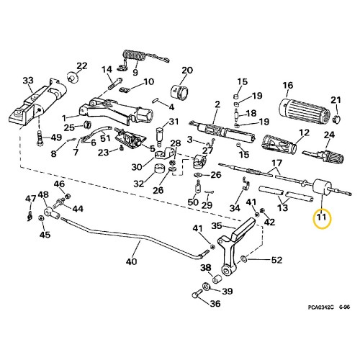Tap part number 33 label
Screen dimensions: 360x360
(28, 80)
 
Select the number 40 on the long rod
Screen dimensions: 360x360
(131, 262)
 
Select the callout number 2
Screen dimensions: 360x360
(217, 104)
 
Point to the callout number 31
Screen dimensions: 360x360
(173, 121)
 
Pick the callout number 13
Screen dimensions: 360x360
(284, 207)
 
